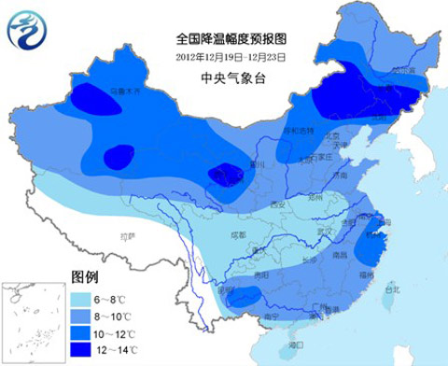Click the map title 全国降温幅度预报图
pyautogui.click(x=229, y=39)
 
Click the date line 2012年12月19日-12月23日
pyautogui.click(x=229, y=56)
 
